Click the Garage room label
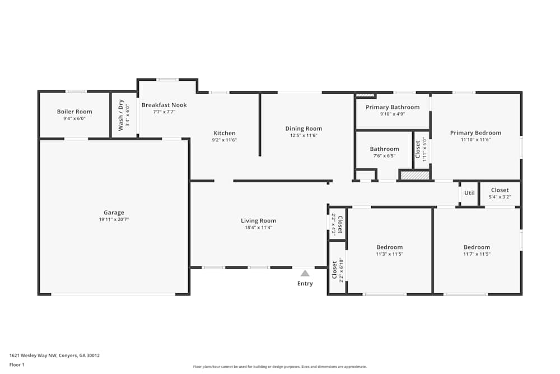(114, 213)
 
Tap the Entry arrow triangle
(305, 273)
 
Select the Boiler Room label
(74, 112)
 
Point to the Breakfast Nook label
(164, 105)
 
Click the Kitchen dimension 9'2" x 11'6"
(224, 140)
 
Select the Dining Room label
(304, 128)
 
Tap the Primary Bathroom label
(392, 107)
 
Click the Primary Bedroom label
(475, 133)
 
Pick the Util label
(469, 193)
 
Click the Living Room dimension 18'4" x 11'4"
(258, 228)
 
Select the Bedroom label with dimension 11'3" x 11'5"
(389, 247)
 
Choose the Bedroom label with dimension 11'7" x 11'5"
(477, 247)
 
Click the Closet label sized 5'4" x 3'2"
(500, 190)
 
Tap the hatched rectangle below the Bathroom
(415, 176)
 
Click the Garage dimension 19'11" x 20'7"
(114, 219)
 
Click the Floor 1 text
(17, 364)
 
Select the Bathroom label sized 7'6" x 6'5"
(384, 149)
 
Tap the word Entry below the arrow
(305, 284)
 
